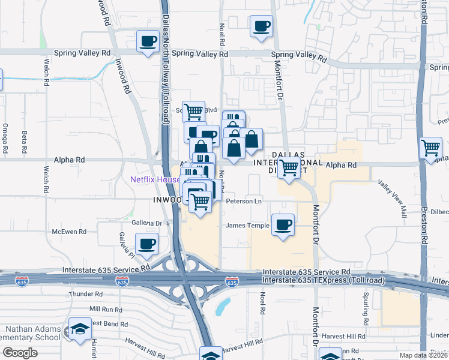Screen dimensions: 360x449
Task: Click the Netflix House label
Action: (155, 179)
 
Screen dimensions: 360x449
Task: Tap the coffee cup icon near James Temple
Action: (283, 225)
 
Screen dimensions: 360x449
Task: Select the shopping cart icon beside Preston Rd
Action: (431, 148)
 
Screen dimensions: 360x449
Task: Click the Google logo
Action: (20, 352)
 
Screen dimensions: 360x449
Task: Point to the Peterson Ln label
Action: (244, 202)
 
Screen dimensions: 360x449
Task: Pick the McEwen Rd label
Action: (69, 231)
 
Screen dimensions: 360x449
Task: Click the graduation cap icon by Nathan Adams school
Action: (79, 329)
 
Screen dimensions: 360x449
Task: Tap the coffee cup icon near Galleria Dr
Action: (146, 244)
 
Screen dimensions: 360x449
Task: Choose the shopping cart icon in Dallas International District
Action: (289, 168)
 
